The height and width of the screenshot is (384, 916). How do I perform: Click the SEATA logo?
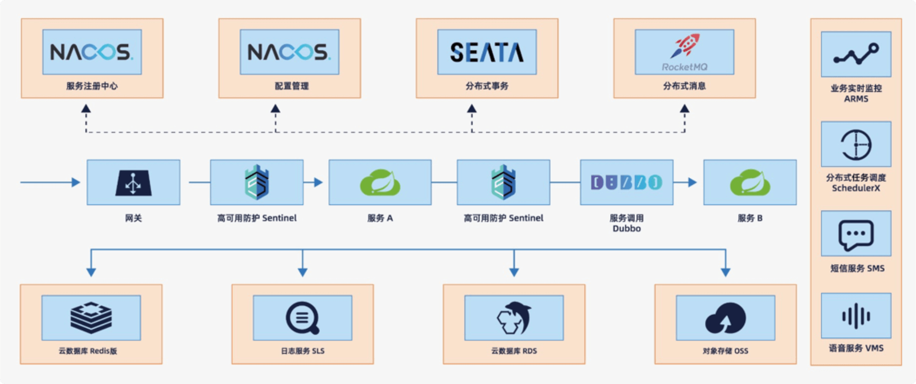tap(487, 52)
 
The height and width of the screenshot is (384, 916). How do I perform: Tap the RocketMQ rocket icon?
tap(685, 45)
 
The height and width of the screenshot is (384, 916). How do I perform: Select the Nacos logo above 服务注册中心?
tap(92, 52)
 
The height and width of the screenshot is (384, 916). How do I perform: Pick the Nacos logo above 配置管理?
tap(289, 52)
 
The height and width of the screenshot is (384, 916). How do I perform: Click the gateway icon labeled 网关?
tap(133, 182)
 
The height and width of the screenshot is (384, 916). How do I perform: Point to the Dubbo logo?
tap(626, 182)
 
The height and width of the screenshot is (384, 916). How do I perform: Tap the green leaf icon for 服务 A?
tap(380, 182)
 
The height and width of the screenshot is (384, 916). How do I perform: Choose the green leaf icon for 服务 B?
tap(750, 182)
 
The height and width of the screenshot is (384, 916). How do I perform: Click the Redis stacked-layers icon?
tap(91, 317)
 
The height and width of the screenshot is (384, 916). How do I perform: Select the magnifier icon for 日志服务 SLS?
tap(302, 318)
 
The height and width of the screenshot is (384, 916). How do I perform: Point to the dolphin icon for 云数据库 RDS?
tap(514, 318)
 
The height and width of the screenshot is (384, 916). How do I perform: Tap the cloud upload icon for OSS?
tap(726, 318)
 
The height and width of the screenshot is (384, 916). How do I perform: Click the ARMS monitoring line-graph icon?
tap(856, 54)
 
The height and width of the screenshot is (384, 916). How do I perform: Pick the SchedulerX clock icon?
tap(856, 145)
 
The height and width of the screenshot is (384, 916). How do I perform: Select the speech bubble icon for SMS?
tap(856, 235)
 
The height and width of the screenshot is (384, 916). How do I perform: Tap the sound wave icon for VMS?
tap(856, 316)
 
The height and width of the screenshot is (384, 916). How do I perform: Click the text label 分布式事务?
tap(487, 86)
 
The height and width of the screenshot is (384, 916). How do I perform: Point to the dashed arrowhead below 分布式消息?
tap(684, 108)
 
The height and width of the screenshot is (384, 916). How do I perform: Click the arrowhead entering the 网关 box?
tap(76, 182)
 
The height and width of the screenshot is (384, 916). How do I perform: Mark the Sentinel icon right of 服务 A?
tap(503, 182)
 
